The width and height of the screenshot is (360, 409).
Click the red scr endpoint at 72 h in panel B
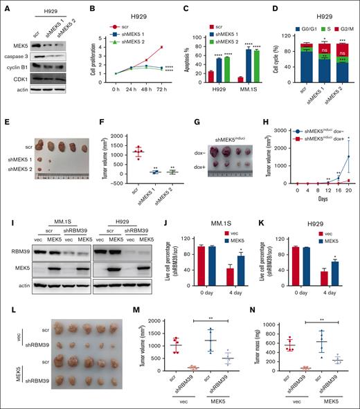(x=161, y=47)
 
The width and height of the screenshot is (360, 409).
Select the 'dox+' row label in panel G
(x=200, y=167)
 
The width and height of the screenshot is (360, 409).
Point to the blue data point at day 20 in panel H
(x=348, y=136)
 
